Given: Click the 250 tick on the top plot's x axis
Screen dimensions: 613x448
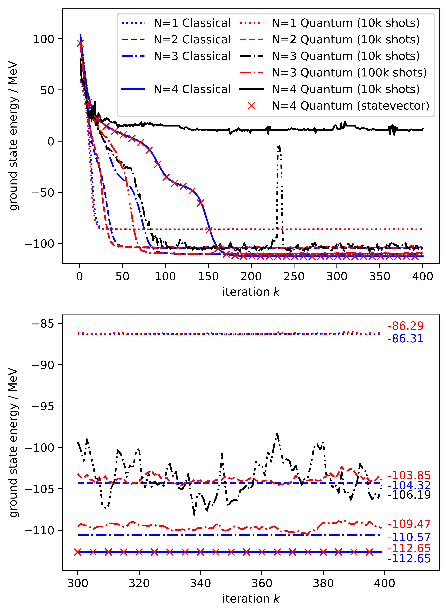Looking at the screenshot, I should pyautogui.click(x=294, y=277).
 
